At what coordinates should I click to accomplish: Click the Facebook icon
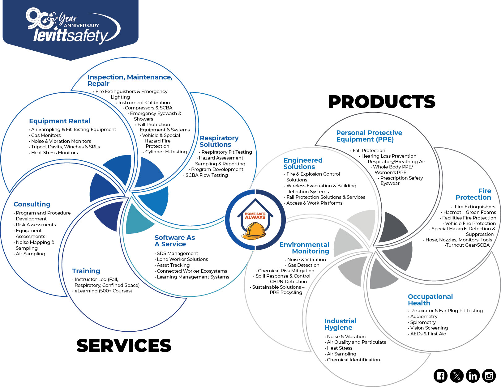click(x=441, y=376)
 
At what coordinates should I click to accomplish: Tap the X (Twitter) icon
click(x=457, y=376)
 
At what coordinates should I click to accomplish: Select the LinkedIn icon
click(x=473, y=376)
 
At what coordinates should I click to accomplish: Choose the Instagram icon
click(x=489, y=376)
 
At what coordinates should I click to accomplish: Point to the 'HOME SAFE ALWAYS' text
click(x=255, y=215)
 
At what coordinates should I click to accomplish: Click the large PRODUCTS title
click(x=382, y=102)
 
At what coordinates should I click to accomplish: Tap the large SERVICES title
click(x=124, y=346)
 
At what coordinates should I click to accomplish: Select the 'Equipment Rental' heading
click(x=60, y=121)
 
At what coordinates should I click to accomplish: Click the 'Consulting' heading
click(x=32, y=204)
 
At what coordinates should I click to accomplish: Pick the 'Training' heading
click(x=86, y=271)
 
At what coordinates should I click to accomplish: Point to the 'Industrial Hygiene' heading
click(x=340, y=324)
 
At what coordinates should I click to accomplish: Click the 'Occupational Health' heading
click(x=430, y=300)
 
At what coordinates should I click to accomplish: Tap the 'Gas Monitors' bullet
click(x=46, y=135)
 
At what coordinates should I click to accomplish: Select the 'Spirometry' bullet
click(x=423, y=322)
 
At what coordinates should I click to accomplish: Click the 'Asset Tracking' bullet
click(x=173, y=265)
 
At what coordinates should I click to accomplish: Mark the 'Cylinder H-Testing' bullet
click(x=166, y=152)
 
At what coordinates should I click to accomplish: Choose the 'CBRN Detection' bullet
click(x=288, y=282)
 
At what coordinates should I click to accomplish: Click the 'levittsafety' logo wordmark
click(x=71, y=36)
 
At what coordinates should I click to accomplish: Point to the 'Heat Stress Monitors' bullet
click(x=54, y=153)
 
